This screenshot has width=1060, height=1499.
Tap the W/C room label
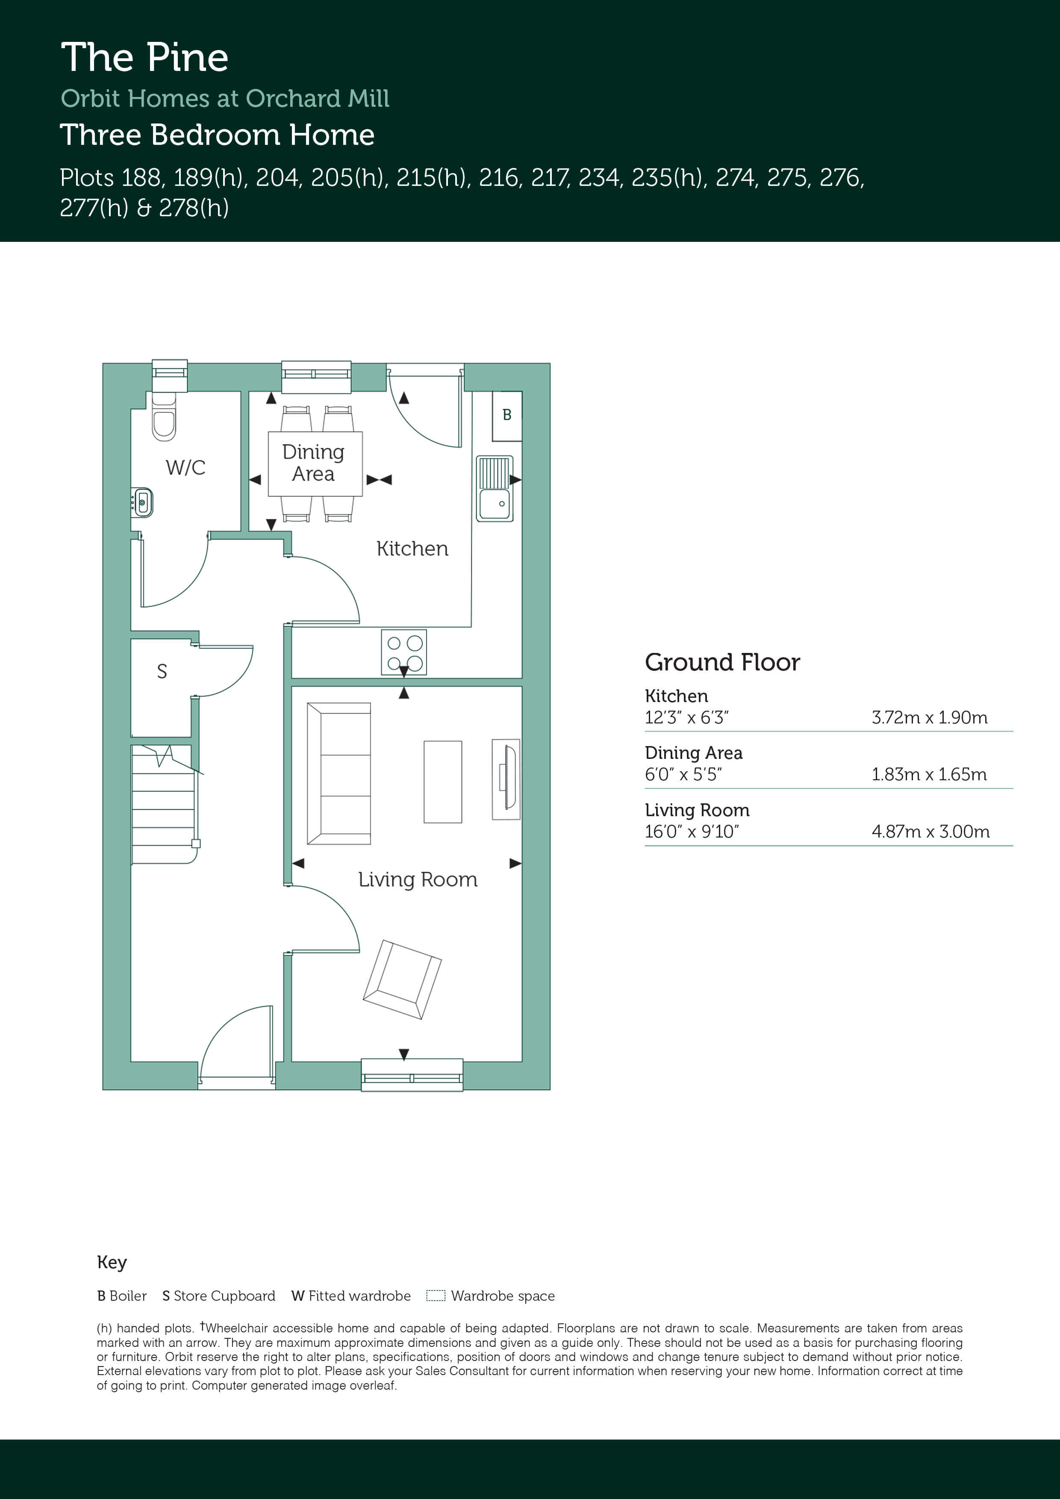pos(185,467)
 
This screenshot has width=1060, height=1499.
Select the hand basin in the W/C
pos(142,503)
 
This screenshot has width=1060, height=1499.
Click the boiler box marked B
pos(507,416)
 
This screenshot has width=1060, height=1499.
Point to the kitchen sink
pos(495,488)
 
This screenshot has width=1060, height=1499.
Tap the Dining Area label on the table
pos(313,462)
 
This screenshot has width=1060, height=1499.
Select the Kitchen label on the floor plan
pos(412,548)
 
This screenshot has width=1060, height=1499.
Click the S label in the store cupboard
pos(162,671)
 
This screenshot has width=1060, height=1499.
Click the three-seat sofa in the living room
pos(339,774)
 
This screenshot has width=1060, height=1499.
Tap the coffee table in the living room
pos(443,782)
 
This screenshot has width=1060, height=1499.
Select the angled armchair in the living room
pos(402,979)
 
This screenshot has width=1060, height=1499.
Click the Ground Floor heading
pos(722,662)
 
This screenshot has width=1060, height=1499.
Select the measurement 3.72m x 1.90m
pos(929,717)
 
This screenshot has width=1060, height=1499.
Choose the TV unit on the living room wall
pos(506,779)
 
